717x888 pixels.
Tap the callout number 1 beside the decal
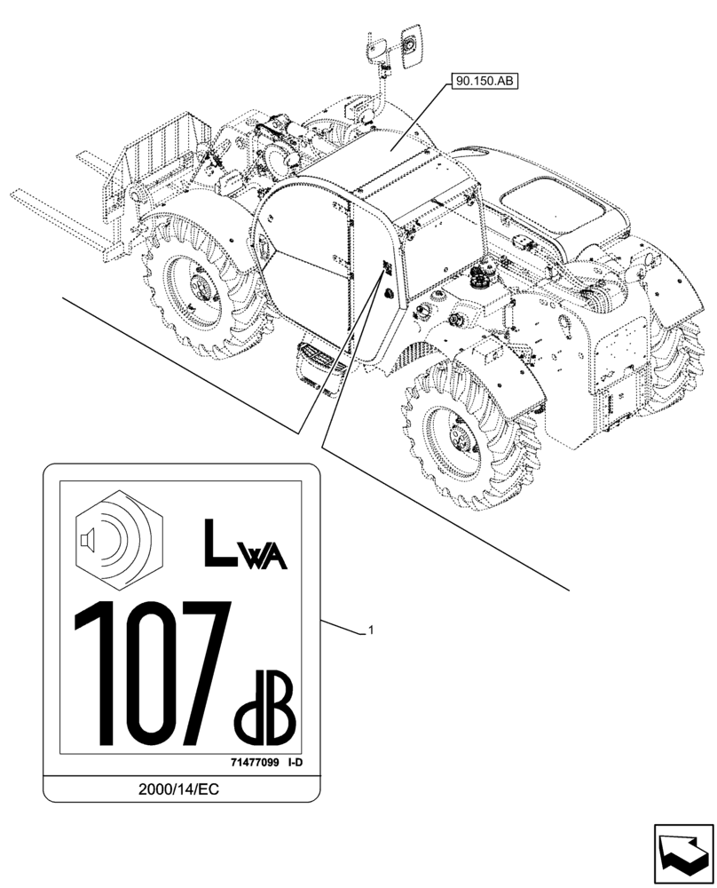pos(371,630)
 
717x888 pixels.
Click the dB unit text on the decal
pos(264,711)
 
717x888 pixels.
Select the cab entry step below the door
pos(316,363)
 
